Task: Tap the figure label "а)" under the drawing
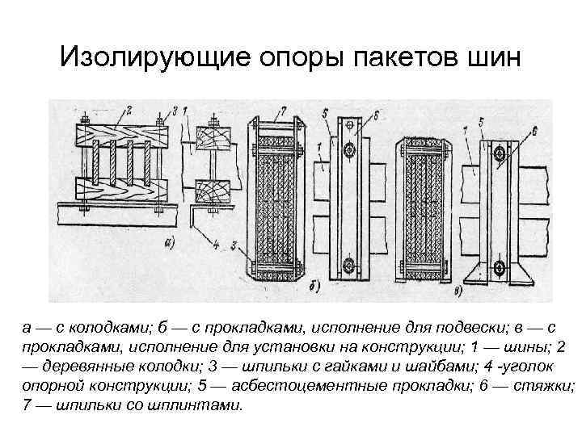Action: (x=169, y=241)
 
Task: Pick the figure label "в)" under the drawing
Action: (x=458, y=288)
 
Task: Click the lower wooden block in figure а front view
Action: (x=121, y=191)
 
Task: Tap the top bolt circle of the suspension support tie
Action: (x=350, y=150)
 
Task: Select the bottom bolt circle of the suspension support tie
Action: (x=350, y=264)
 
